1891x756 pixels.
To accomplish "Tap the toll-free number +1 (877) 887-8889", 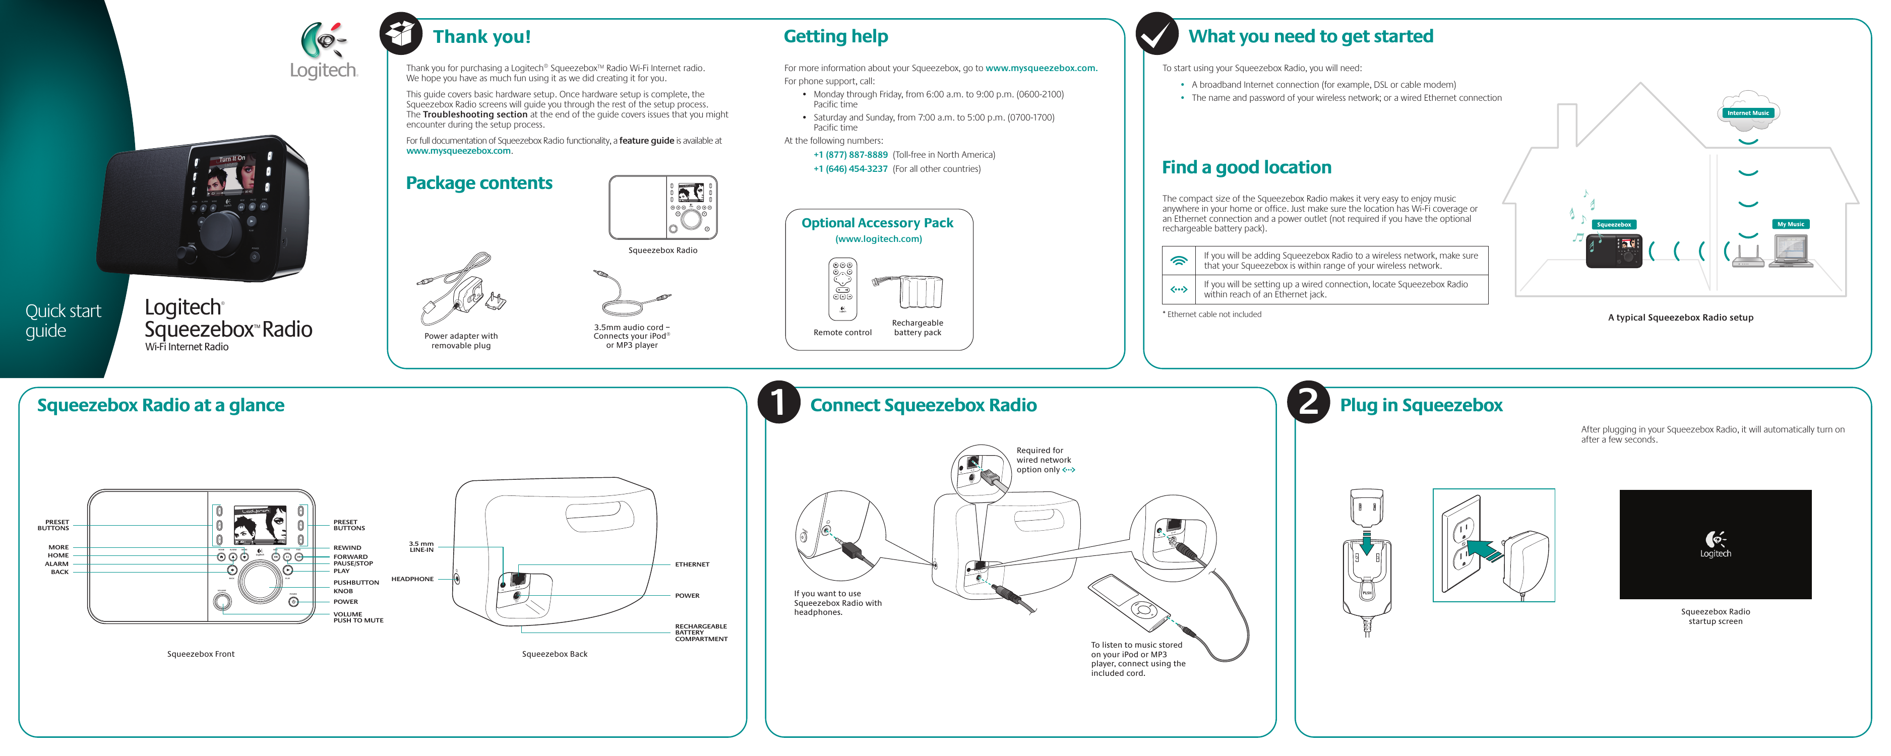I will coord(850,155).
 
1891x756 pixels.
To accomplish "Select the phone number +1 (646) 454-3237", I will coord(850,169).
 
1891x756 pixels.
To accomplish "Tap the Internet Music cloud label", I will coord(1747,113).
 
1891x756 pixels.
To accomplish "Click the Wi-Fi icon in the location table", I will coord(1179,261).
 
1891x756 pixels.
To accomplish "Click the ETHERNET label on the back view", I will coord(692,564).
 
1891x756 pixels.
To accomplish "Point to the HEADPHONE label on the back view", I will coord(412,579).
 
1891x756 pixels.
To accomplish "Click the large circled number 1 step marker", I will coord(778,402).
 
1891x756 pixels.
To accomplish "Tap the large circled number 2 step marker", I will coord(1308,402).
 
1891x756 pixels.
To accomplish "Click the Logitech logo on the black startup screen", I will coord(1715,545).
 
